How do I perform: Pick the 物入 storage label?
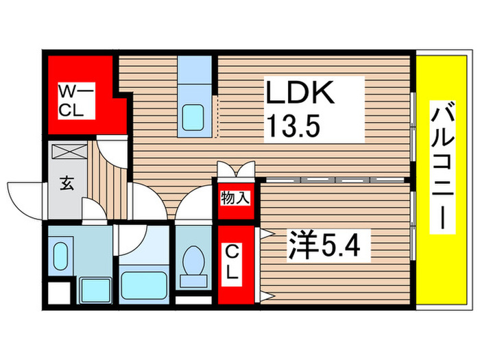235,200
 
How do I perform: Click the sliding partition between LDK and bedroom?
333,179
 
